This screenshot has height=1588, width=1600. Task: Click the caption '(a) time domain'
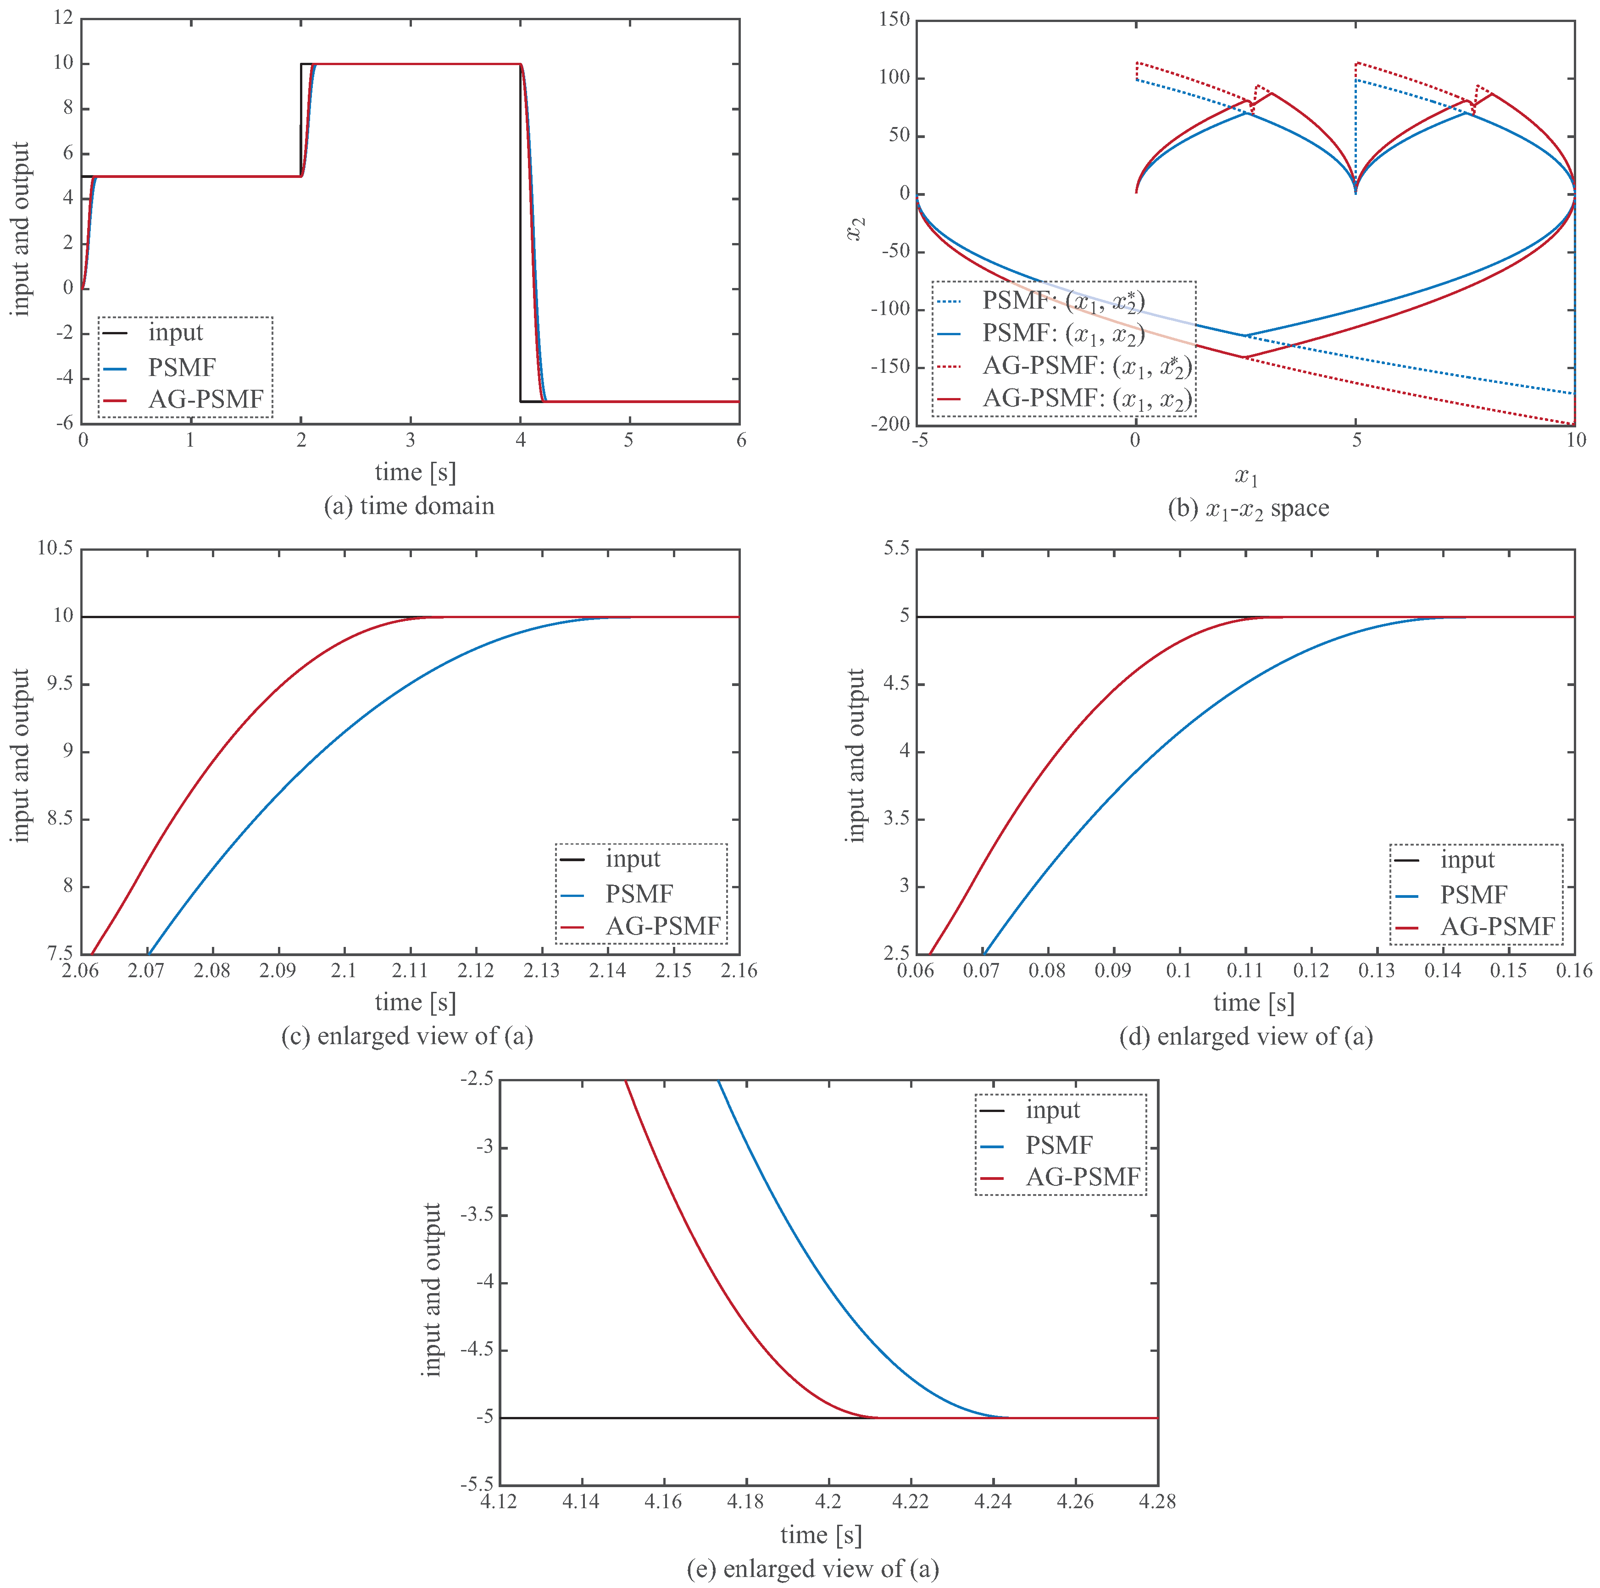409,506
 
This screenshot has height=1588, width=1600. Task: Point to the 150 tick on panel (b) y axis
894,19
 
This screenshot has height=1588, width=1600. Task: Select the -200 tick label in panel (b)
890,424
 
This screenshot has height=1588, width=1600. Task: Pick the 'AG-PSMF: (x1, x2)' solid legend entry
1087,399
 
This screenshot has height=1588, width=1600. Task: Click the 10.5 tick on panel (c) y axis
55,548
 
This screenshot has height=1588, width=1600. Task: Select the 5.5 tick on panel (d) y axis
896,548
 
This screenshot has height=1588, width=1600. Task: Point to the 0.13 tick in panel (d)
1377,970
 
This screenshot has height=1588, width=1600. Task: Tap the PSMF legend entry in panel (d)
1473,894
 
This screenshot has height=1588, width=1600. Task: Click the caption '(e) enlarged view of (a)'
812,1569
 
